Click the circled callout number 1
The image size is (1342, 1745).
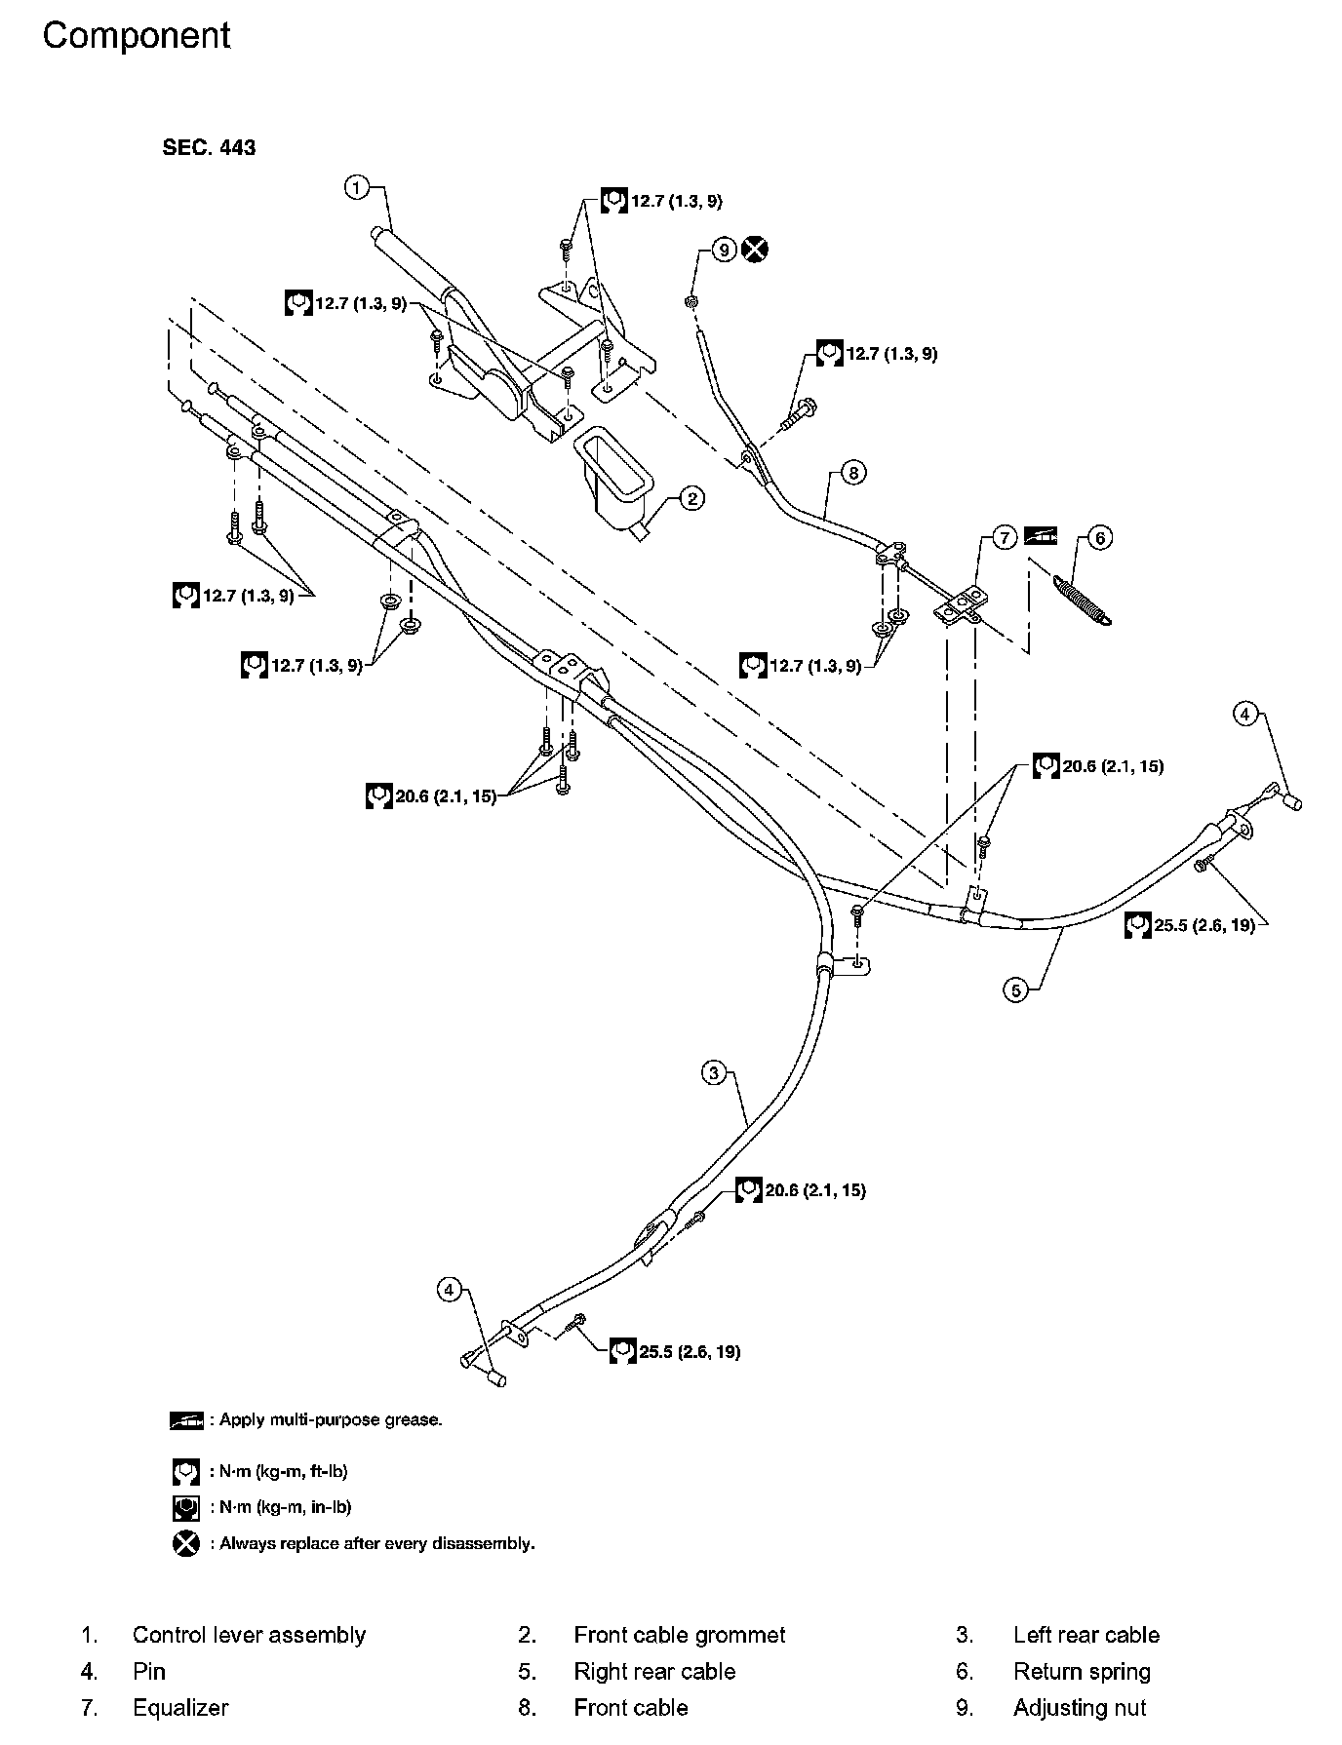pyautogui.click(x=358, y=186)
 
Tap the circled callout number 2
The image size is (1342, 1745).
pyautogui.click(x=691, y=499)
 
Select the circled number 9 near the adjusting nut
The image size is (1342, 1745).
pyautogui.click(x=723, y=250)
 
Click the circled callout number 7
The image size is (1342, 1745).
pyautogui.click(x=1006, y=537)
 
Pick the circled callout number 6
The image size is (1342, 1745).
pyautogui.click(x=1099, y=537)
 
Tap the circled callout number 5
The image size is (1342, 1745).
pyautogui.click(x=1016, y=990)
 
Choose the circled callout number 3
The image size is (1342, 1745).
pyautogui.click(x=714, y=1073)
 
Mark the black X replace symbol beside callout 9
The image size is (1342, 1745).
pyautogui.click(x=755, y=250)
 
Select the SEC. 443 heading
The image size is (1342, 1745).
pyautogui.click(x=209, y=147)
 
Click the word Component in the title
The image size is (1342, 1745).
pyautogui.click(x=137, y=36)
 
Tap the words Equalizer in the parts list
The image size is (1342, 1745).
pyautogui.click(x=180, y=1707)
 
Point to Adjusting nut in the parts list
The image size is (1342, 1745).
pyautogui.click(x=1080, y=1707)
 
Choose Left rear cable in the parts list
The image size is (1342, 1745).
pyautogui.click(x=1086, y=1635)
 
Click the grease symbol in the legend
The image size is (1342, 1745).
pyautogui.click(x=186, y=1419)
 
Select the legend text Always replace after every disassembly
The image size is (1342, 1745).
pyautogui.click(x=376, y=1543)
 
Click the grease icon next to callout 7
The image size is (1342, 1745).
pyautogui.click(x=1041, y=536)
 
